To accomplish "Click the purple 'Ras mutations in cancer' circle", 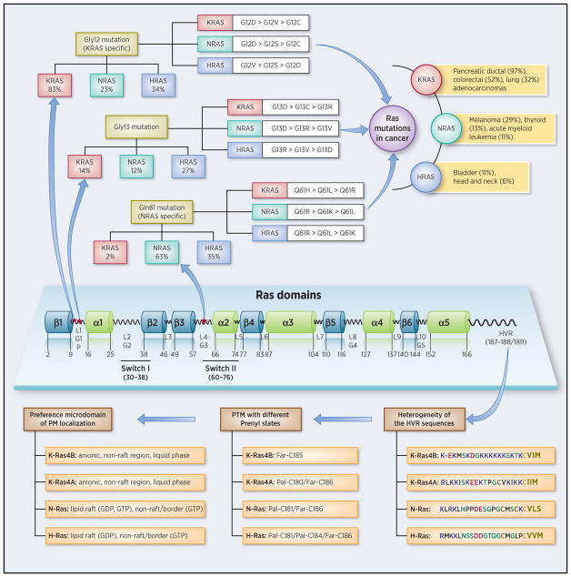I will point(400,122).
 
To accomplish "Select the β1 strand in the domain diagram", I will point(57,323).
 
